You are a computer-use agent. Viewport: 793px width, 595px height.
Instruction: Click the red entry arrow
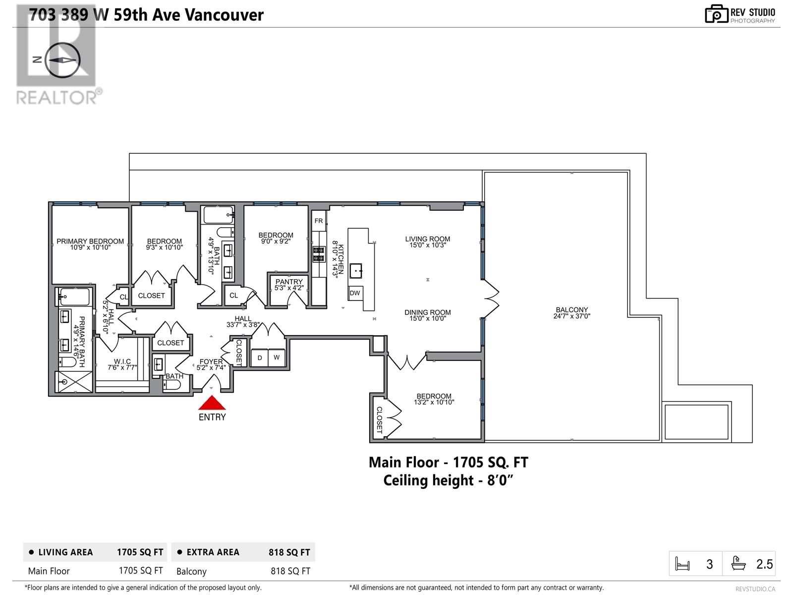tap(212, 403)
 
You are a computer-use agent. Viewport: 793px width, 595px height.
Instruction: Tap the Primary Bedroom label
tap(90, 241)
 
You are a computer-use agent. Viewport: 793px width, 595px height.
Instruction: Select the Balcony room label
tap(571, 310)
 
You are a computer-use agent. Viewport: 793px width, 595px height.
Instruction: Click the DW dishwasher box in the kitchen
tap(355, 293)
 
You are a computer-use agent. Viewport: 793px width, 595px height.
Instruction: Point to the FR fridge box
tap(319, 221)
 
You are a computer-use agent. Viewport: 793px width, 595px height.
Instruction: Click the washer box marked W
tap(277, 357)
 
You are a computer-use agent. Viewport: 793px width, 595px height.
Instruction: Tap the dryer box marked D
tap(260, 357)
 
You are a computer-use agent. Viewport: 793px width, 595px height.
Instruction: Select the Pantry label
tap(289, 282)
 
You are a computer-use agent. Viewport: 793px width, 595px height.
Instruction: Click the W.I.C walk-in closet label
tap(122, 361)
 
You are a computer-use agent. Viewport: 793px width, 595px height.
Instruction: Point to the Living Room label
tap(427, 239)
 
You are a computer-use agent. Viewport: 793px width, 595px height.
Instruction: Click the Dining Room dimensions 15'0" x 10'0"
tap(427, 319)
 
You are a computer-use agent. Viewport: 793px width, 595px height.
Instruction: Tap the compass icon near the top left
tap(62, 59)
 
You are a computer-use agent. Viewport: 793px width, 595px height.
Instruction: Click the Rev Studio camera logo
tap(716, 14)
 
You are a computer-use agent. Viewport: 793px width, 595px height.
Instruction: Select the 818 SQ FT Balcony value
tap(290, 571)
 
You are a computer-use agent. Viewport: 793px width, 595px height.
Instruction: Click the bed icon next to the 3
tap(682, 564)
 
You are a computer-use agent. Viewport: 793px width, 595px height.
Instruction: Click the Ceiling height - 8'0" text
tap(448, 480)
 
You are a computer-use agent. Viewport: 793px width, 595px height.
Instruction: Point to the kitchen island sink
tap(356, 271)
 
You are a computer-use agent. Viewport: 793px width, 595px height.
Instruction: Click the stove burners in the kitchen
tap(318, 254)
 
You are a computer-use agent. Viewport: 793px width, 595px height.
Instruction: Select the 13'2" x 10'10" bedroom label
tap(434, 403)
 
